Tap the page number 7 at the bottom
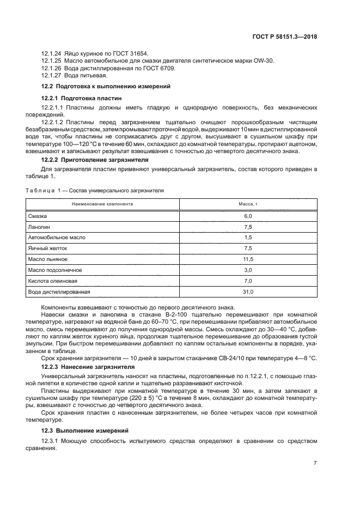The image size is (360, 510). point(315,463)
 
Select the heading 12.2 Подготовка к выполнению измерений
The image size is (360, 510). point(106,86)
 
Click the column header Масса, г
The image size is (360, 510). point(248,204)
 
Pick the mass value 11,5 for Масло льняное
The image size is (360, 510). point(248,259)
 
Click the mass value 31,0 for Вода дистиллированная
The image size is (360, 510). point(248,292)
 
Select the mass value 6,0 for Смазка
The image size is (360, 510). point(248,216)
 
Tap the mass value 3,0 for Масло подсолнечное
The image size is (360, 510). point(248,270)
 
